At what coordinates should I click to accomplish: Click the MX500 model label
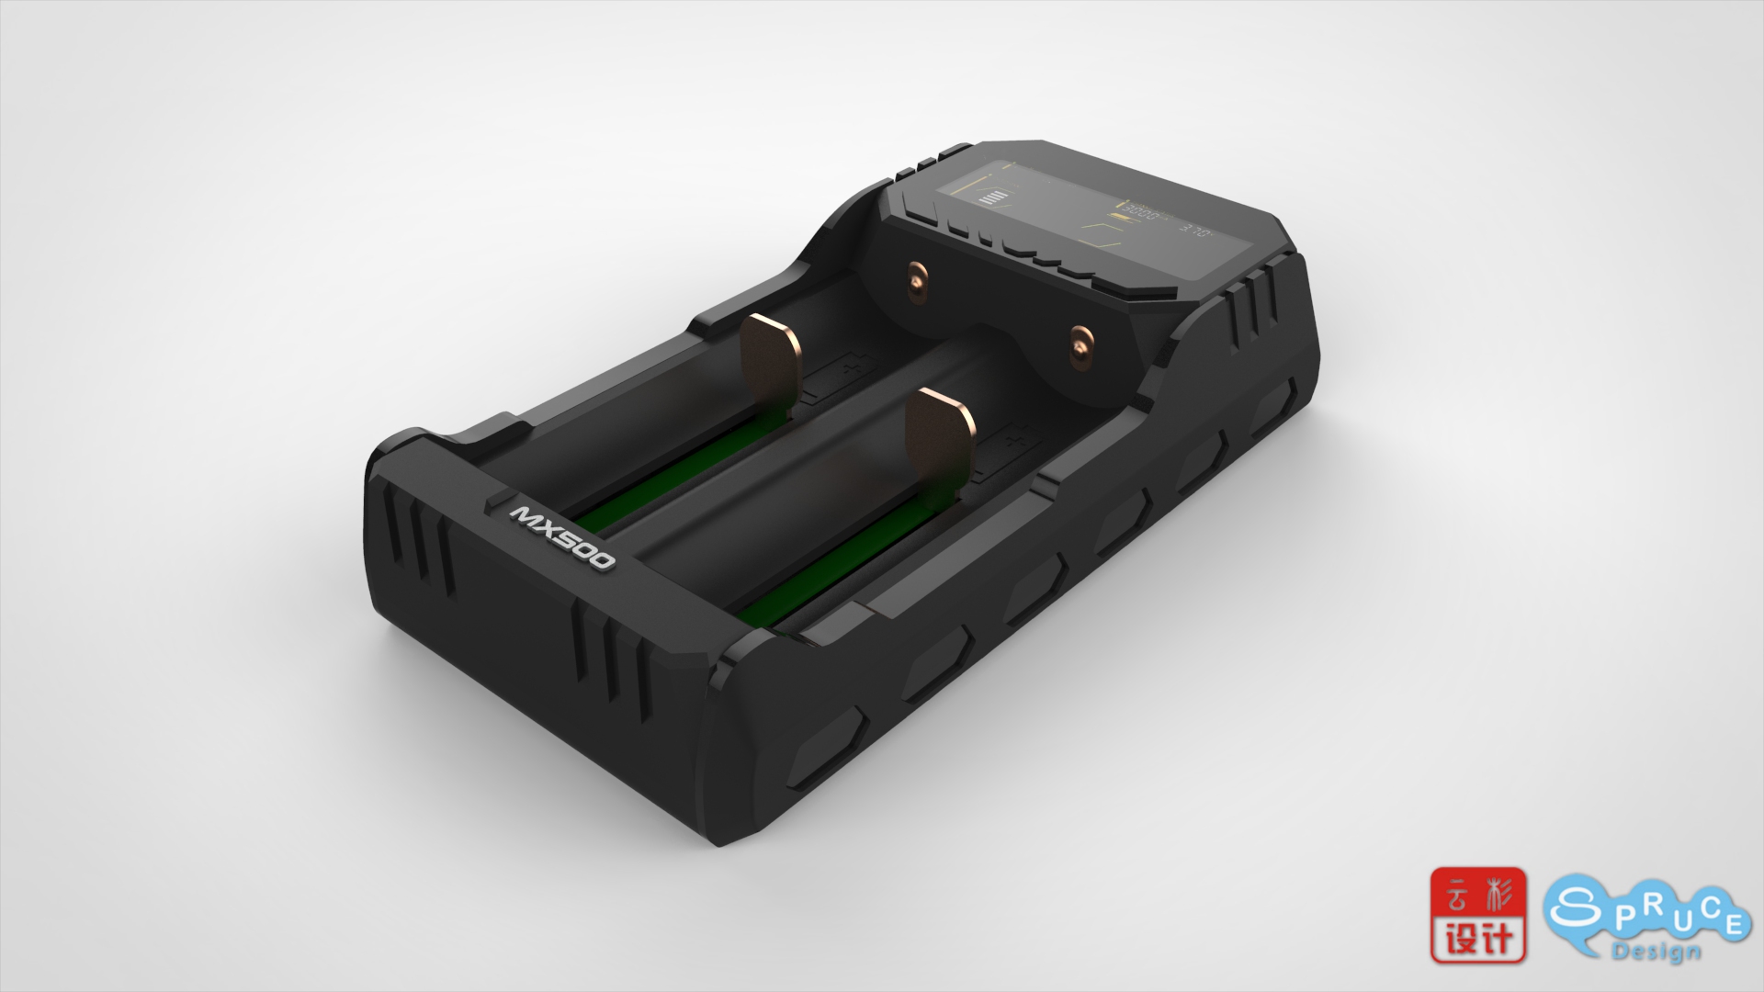click(x=562, y=536)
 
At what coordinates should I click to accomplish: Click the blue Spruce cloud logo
click(x=1645, y=919)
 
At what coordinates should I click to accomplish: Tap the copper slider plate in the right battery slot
click(x=939, y=436)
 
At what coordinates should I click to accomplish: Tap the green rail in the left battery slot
click(x=643, y=487)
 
